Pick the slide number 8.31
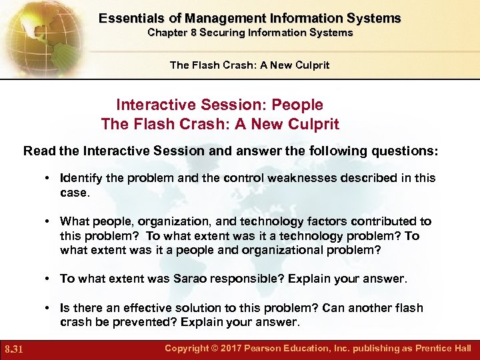coord(15,349)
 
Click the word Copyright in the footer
coord(191,348)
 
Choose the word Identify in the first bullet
coord(81,178)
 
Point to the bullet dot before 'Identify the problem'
coord(49,179)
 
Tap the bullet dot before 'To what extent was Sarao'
coord(49,279)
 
